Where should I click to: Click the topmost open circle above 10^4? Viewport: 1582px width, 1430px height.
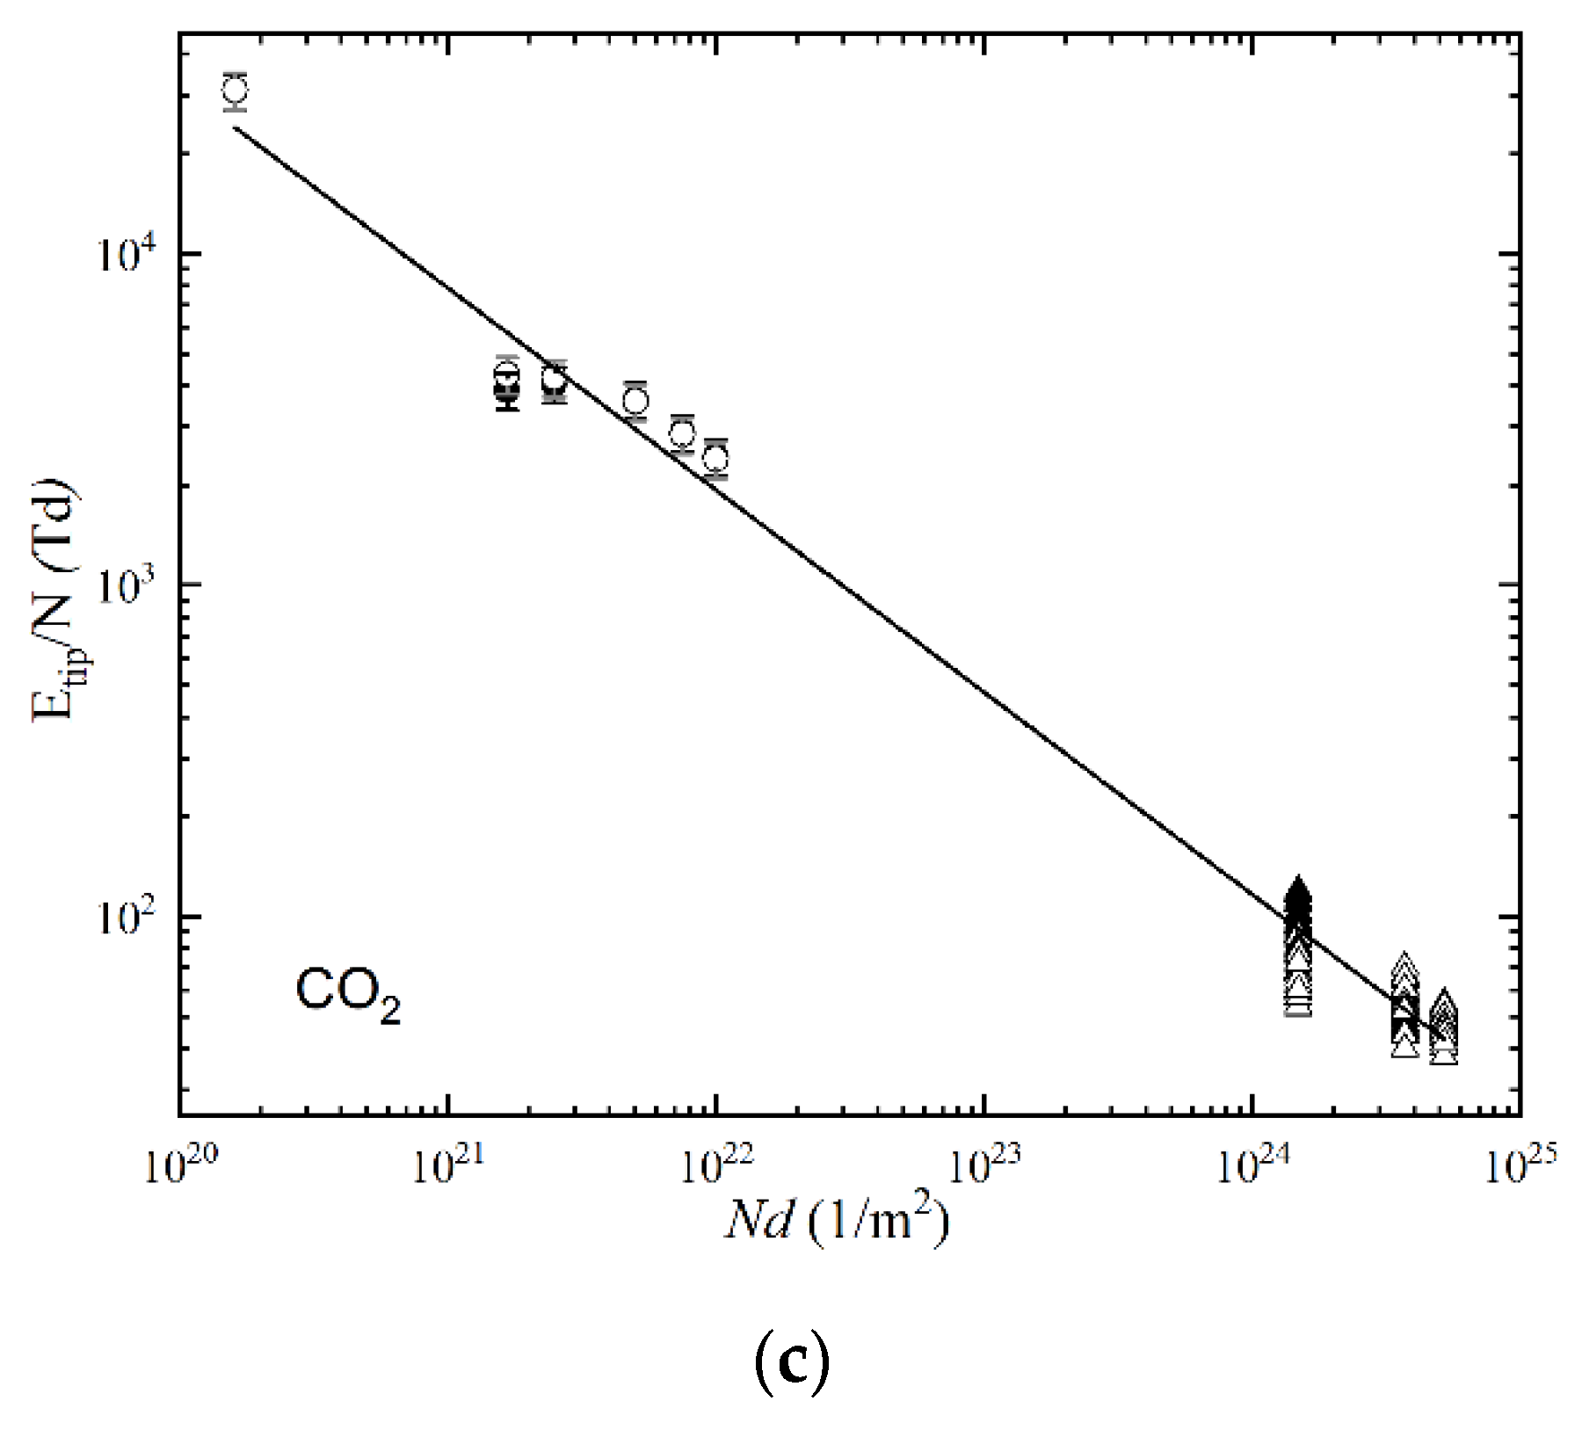point(235,90)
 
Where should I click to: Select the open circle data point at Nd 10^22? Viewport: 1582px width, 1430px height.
point(716,458)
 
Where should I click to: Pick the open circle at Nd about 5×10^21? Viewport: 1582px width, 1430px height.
point(635,402)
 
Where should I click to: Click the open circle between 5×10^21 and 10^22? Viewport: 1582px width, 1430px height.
point(682,432)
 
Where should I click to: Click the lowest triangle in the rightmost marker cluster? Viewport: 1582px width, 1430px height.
point(1444,1054)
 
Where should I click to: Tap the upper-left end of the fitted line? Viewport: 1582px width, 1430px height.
point(235,128)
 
